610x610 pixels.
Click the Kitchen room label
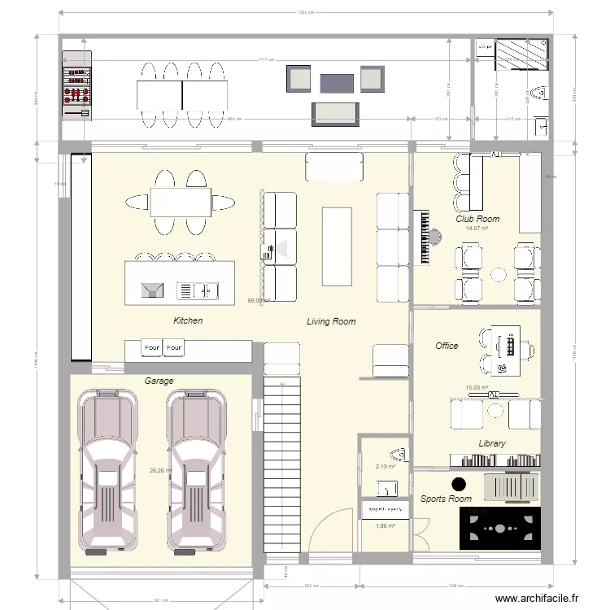click(188, 320)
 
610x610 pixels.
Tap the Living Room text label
click(331, 321)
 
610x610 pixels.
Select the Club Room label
click(477, 219)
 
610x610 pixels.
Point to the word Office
click(447, 346)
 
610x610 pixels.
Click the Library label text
click(491, 443)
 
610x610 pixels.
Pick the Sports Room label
click(446, 499)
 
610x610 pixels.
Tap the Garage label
click(159, 381)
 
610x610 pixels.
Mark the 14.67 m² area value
click(477, 229)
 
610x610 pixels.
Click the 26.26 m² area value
click(160, 470)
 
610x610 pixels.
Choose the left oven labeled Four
click(152, 348)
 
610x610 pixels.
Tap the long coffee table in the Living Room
click(336, 246)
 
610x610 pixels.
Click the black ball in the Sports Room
click(459, 483)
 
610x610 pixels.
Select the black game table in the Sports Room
click(499, 528)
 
